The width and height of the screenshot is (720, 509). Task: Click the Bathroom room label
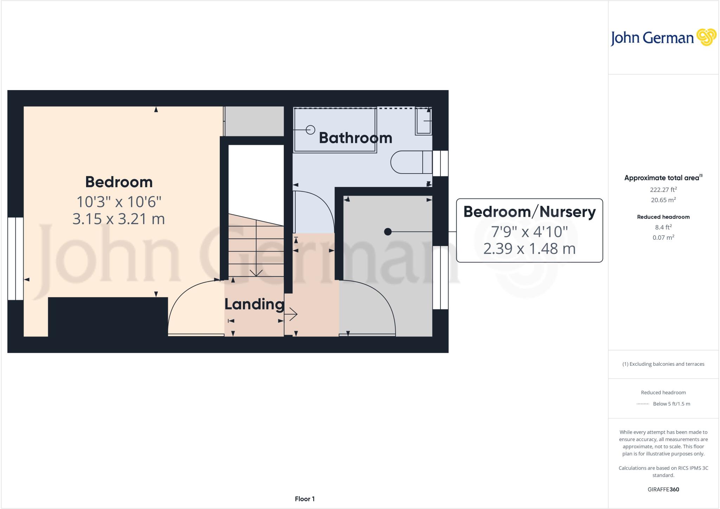pyautogui.click(x=355, y=138)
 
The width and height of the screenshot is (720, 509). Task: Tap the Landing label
pyautogui.click(x=254, y=304)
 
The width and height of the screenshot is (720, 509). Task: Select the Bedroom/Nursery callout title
pyautogui.click(x=529, y=212)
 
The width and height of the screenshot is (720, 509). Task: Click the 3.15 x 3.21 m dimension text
pyautogui.click(x=118, y=219)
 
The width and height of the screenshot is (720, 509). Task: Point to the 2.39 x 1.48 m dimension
pyautogui.click(x=529, y=249)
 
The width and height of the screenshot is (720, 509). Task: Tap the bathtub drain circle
pyautogui.click(x=310, y=130)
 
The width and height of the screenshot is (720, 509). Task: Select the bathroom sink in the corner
pyautogui.click(x=423, y=121)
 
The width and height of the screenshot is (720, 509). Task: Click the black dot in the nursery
pyautogui.click(x=388, y=232)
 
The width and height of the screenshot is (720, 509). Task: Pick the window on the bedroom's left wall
pyautogui.click(x=15, y=259)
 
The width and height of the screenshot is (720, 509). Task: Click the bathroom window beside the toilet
pyautogui.click(x=440, y=163)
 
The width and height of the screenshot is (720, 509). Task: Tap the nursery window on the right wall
pyautogui.click(x=440, y=278)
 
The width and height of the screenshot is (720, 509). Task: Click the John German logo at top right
pyautogui.click(x=663, y=38)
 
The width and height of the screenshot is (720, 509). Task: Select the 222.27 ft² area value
pyautogui.click(x=663, y=190)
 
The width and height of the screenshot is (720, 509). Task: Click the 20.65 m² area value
pyautogui.click(x=663, y=200)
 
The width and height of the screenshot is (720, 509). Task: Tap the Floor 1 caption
pyautogui.click(x=304, y=499)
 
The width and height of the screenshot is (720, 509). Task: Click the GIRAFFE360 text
pyautogui.click(x=663, y=489)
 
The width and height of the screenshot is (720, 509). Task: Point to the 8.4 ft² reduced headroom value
pyautogui.click(x=663, y=227)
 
